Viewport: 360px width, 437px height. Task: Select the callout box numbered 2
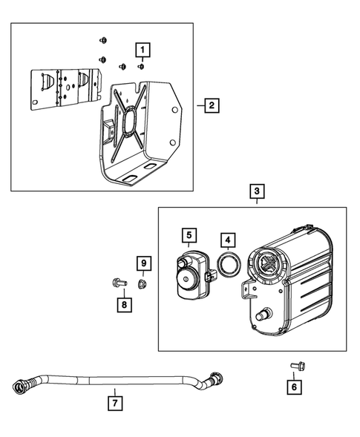212,106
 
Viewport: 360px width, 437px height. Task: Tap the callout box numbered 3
256,192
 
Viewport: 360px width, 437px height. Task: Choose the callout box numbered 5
189,236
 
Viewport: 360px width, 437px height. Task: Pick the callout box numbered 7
115,404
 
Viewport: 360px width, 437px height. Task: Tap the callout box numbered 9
143,263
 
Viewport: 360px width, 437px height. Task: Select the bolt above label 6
294,367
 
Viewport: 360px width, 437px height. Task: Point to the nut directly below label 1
141,65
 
